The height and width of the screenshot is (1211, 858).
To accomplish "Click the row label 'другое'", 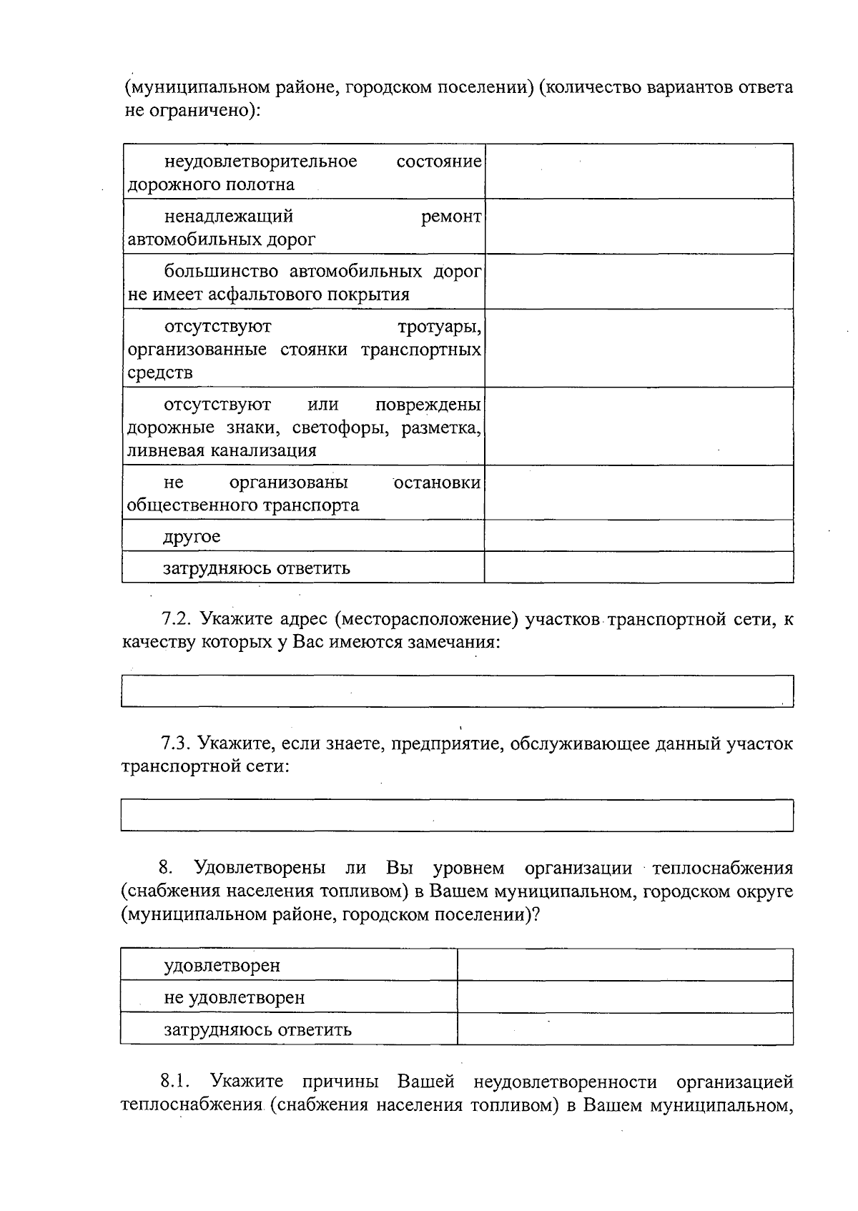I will [192, 536].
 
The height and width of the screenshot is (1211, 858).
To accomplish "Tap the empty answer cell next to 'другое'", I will [638, 535].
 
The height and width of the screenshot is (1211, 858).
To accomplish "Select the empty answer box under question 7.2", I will [457, 691].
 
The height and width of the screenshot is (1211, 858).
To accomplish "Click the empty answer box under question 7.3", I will [457, 815].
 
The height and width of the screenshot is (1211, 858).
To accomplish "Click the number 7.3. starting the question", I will [176, 743].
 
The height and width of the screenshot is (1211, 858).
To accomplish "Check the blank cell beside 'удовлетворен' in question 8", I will [625, 965].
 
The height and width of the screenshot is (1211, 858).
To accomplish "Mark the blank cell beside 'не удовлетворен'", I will [625, 997].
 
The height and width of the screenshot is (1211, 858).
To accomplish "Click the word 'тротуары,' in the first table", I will [439, 327].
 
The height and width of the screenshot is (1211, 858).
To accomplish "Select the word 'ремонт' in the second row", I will [451, 217].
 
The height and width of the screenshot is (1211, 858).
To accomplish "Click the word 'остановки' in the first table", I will [438, 483].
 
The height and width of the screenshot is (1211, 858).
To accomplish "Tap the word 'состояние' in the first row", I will [439, 162].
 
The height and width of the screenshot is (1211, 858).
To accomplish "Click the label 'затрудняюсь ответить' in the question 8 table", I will [257, 1029].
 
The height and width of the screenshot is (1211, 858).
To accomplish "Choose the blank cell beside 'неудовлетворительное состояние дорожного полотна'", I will [638, 172].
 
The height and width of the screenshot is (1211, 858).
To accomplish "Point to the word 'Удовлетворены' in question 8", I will [260, 868].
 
